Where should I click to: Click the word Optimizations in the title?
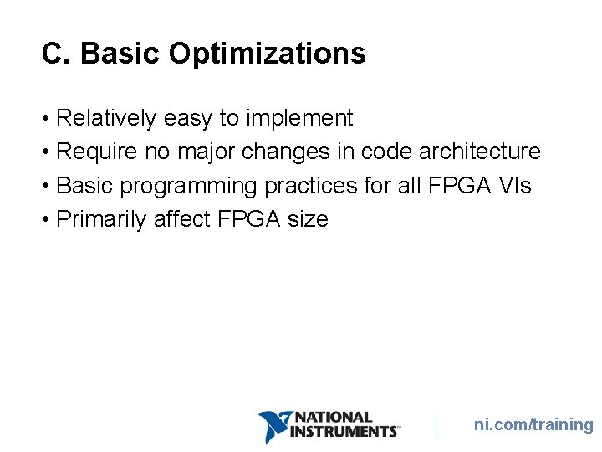click(x=267, y=54)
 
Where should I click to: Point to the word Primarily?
click(x=100, y=219)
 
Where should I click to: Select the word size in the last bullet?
click(x=308, y=219)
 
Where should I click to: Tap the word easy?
click(x=188, y=119)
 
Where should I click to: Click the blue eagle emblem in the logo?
click(x=273, y=426)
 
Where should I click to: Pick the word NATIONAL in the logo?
click(x=334, y=417)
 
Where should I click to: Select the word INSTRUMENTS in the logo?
click(x=343, y=431)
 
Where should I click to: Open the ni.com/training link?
click(x=533, y=424)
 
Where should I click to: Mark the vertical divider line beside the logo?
click(x=436, y=424)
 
